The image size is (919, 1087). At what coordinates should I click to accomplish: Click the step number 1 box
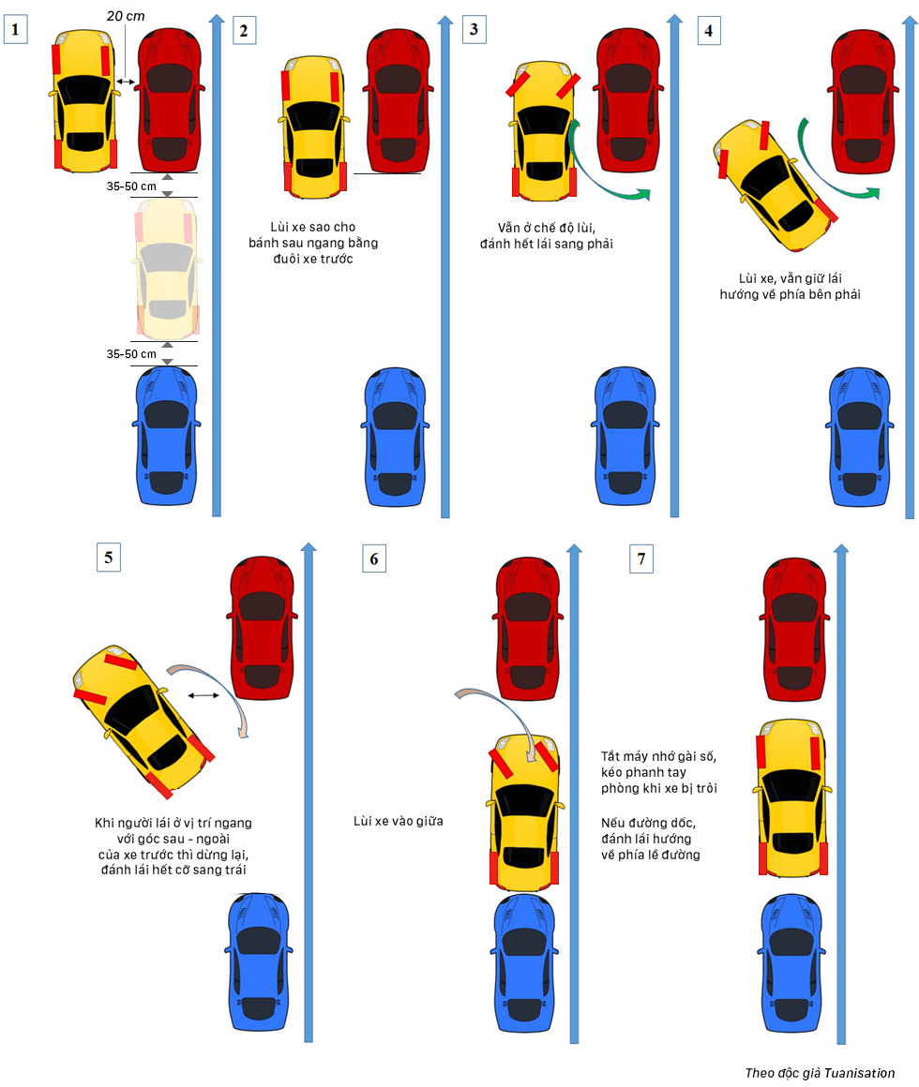point(15,29)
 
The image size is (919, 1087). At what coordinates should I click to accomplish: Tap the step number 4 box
point(708,29)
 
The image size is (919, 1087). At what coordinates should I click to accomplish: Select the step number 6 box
point(374,558)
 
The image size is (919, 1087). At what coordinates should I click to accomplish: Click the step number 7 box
point(641,558)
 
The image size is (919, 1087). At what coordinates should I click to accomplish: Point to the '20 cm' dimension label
point(126,16)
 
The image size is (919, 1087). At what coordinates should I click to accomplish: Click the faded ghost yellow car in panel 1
point(166,272)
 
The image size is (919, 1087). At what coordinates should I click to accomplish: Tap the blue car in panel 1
point(166,437)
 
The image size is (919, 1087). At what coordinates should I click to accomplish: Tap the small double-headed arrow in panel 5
point(203,695)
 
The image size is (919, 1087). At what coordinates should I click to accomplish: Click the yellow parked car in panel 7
point(792,797)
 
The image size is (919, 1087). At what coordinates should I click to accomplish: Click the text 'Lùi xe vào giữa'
point(399,821)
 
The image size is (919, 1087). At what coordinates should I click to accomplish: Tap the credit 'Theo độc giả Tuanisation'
point(820,1073)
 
